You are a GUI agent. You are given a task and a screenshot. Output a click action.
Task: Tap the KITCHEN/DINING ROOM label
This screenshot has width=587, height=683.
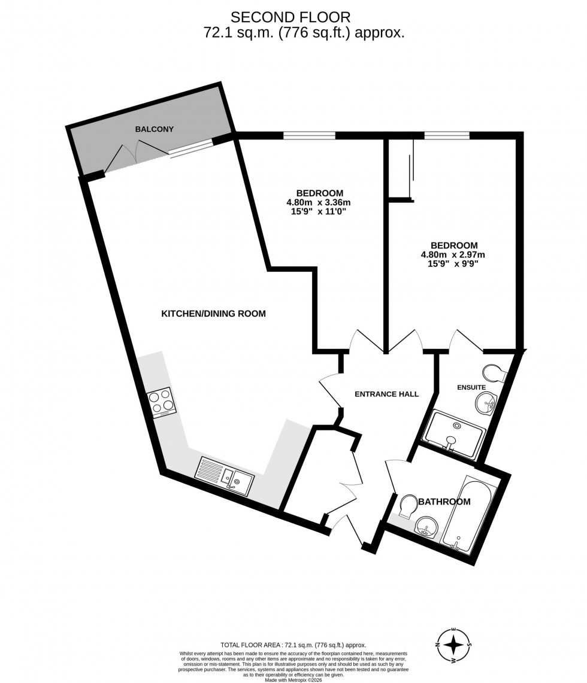click(x=213, y=314)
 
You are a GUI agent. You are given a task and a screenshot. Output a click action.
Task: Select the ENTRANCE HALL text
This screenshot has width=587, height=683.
click(x=386, y=394)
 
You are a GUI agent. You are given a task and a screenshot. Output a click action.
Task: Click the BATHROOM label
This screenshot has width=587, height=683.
click(x=444, y=502)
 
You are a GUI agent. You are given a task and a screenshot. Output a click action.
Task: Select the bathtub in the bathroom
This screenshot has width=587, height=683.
click(x=469, y=515)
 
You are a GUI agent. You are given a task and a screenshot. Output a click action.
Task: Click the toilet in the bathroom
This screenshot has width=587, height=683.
click(x=409, y=506)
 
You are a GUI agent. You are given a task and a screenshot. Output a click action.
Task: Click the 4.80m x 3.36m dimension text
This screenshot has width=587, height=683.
click(x=319, y=202)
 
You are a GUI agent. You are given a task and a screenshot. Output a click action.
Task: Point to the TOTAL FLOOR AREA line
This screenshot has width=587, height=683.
click(x=293, y=645)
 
